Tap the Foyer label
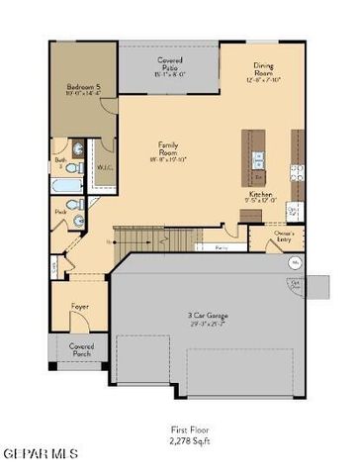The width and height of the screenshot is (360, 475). pyautogui.click(x=80, y=307)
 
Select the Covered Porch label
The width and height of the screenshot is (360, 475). pyautogui.click(x=81, y=351)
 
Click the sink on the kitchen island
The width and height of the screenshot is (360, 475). pyautogui.click(x=258, y=158)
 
